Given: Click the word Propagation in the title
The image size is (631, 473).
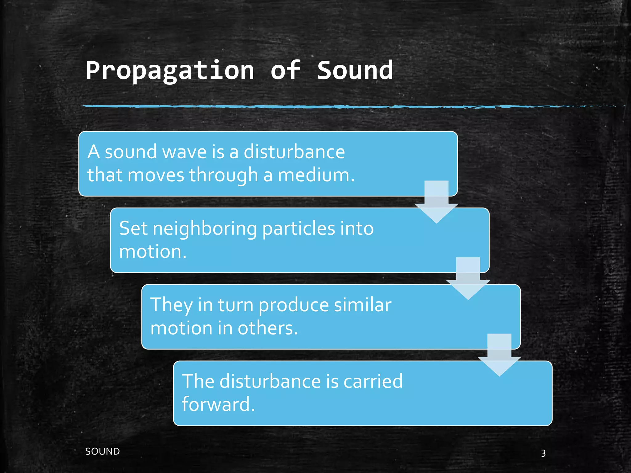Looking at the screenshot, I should point(170,71).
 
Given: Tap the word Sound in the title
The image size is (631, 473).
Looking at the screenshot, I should point(355,70).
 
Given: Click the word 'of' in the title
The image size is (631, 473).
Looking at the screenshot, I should point(285,70).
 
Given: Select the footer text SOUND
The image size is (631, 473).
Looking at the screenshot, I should point(102,451).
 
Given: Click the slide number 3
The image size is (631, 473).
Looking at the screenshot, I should point(543,453).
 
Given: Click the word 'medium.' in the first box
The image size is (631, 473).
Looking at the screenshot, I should point(316,175).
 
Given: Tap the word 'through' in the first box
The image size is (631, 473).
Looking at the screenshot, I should point(223,175).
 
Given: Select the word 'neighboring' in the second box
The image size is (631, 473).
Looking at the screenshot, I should point(205,229).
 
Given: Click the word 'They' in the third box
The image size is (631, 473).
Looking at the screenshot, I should point(171,305).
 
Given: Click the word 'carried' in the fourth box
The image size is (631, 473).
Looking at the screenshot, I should point(373,381).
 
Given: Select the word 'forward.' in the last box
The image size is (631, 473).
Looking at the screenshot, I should point(218,404).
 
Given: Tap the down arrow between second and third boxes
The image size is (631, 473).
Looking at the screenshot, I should point(468,279).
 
